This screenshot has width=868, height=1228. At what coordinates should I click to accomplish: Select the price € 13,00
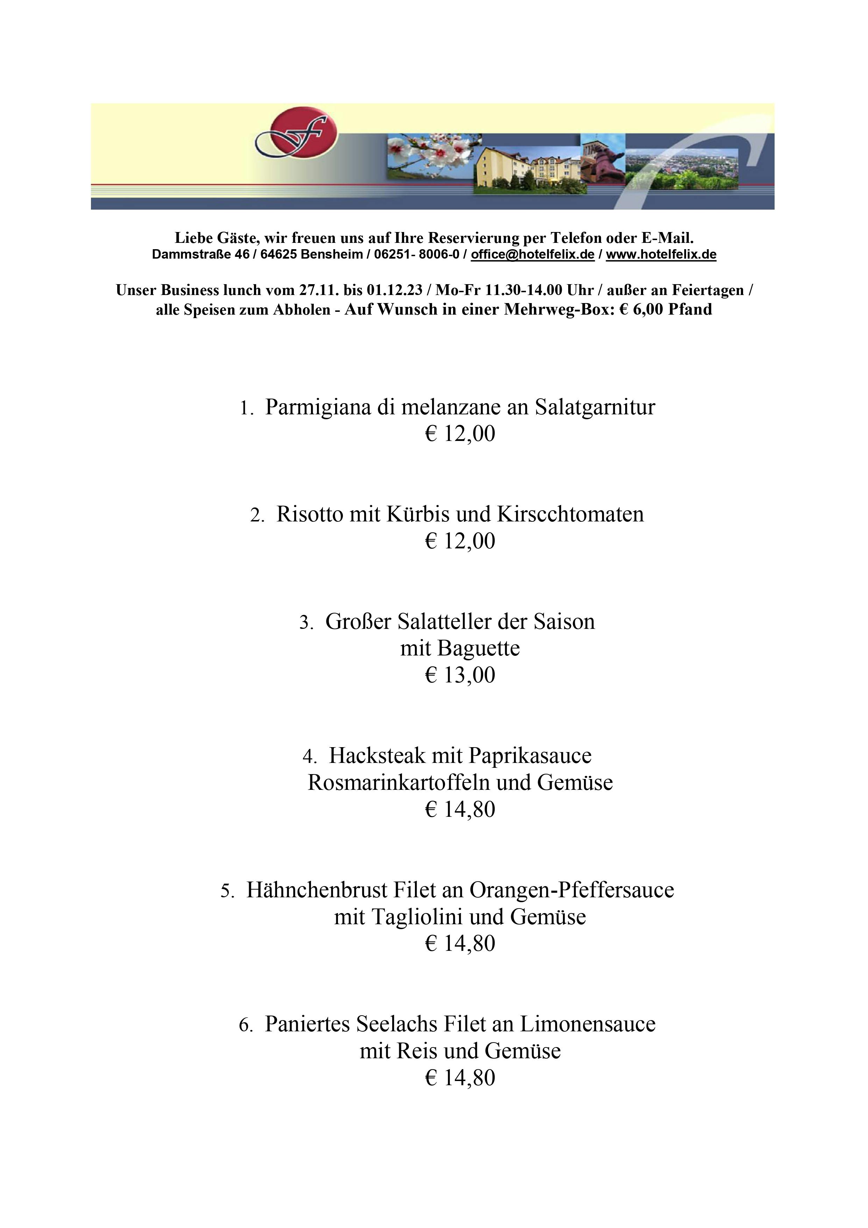coord(460,675)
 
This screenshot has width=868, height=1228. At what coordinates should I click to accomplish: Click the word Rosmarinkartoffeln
coord(399,783)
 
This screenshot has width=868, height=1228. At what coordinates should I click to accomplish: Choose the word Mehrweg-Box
coord(558,310)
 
